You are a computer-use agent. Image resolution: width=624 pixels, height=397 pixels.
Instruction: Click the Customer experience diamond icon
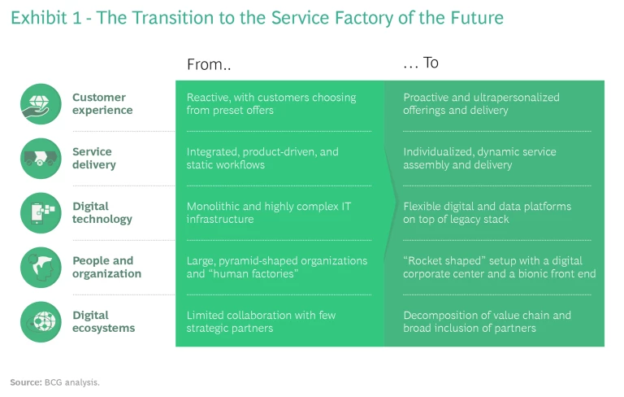click(x=41, y=104)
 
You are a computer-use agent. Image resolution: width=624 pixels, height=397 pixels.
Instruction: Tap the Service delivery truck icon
click(x=41, y=158)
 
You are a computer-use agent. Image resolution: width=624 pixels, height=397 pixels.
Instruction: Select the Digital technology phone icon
click(x=41, y=212)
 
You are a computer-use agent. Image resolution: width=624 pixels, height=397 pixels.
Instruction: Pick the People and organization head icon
click(x=41, y=267)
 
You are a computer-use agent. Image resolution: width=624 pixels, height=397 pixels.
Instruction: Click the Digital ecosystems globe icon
click(x=41, y=321)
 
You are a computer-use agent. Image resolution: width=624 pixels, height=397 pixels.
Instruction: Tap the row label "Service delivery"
click(x=93, y=158)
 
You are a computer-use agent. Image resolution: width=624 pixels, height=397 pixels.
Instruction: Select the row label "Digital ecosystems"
click(x=103, y=321)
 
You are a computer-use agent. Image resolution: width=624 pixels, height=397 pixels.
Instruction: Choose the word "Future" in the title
click(x=479, y=17)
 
